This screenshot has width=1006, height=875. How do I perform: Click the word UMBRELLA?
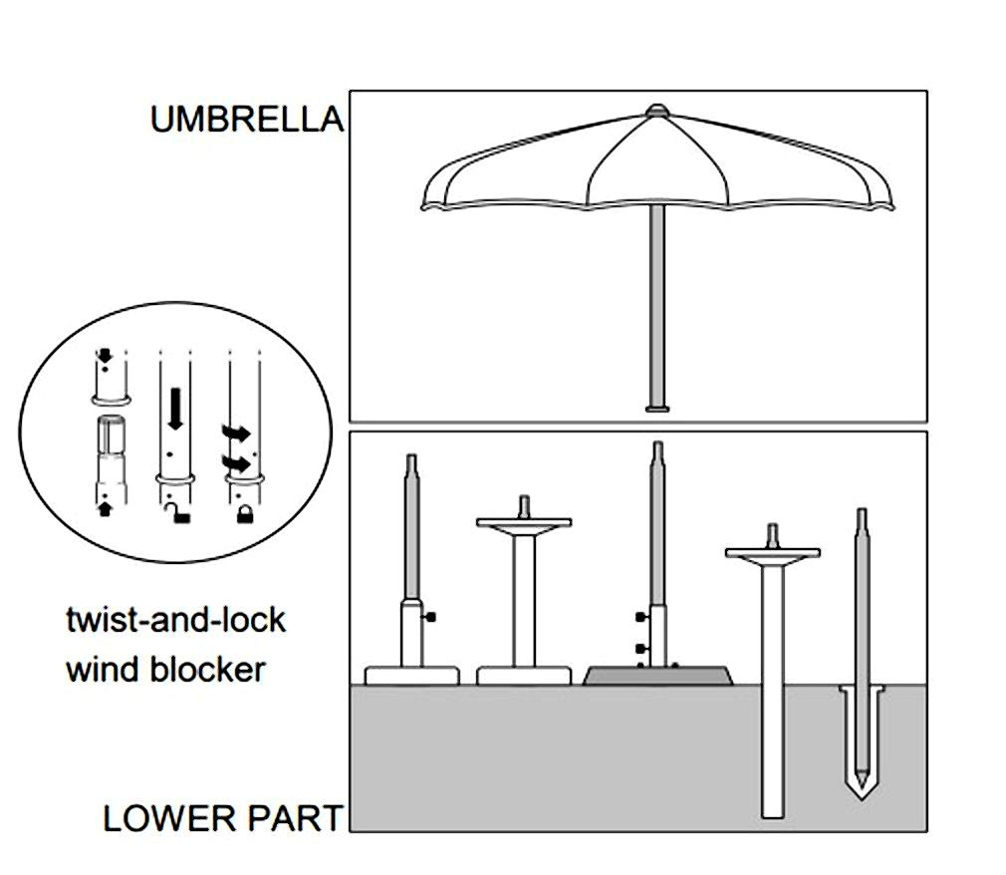tap(246, 120)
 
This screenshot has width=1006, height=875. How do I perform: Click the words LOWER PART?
tap(222, 818)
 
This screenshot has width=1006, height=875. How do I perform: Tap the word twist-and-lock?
tap(175, 620)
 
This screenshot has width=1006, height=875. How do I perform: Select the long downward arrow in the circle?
tap(175, 409)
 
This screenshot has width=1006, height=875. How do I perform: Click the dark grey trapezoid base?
tap(657, 676)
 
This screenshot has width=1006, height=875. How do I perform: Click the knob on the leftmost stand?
tap(431, 618)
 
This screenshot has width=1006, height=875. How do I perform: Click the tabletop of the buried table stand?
tap(772, 552)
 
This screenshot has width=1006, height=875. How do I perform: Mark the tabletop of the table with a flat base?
tap(524, 522)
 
